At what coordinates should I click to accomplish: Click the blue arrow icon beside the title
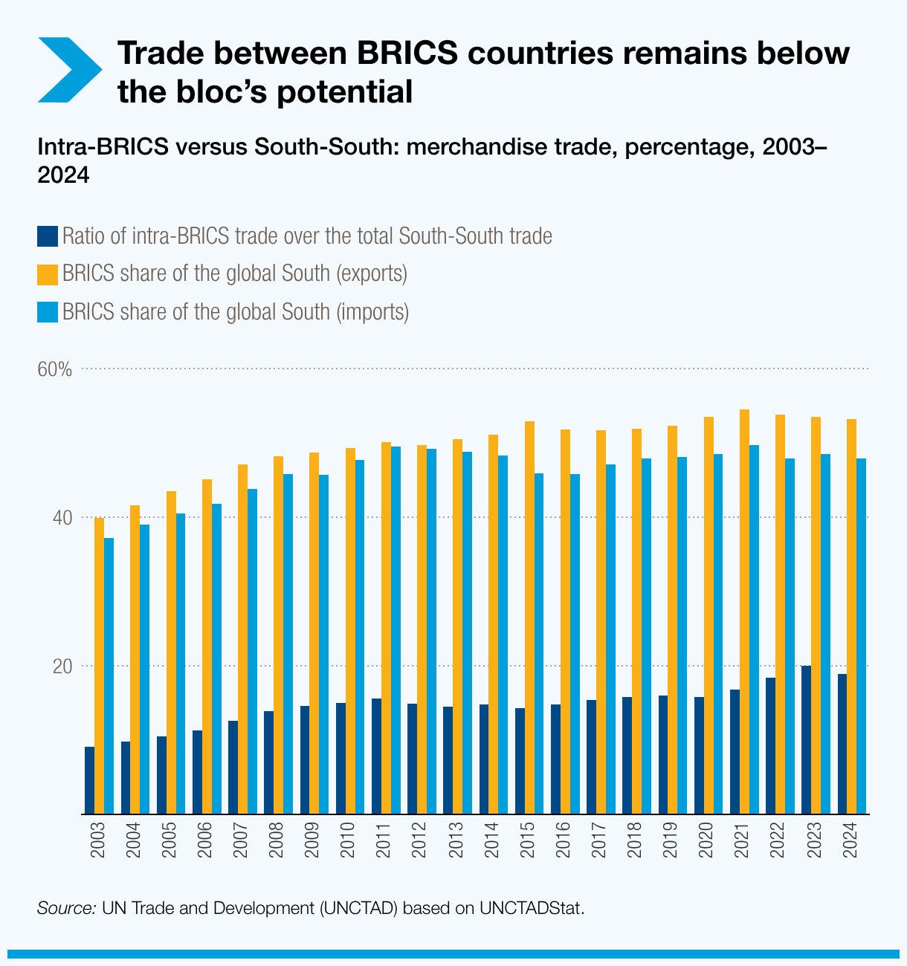68,70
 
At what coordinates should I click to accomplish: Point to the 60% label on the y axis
55,369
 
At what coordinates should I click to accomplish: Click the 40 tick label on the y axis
62,518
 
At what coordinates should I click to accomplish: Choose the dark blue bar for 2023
806,739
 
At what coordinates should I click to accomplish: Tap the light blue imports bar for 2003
109,675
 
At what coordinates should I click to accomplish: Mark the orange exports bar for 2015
529,617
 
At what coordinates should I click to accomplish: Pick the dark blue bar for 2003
90,779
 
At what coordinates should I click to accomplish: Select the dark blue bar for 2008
269,762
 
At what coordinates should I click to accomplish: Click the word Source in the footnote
65,908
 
